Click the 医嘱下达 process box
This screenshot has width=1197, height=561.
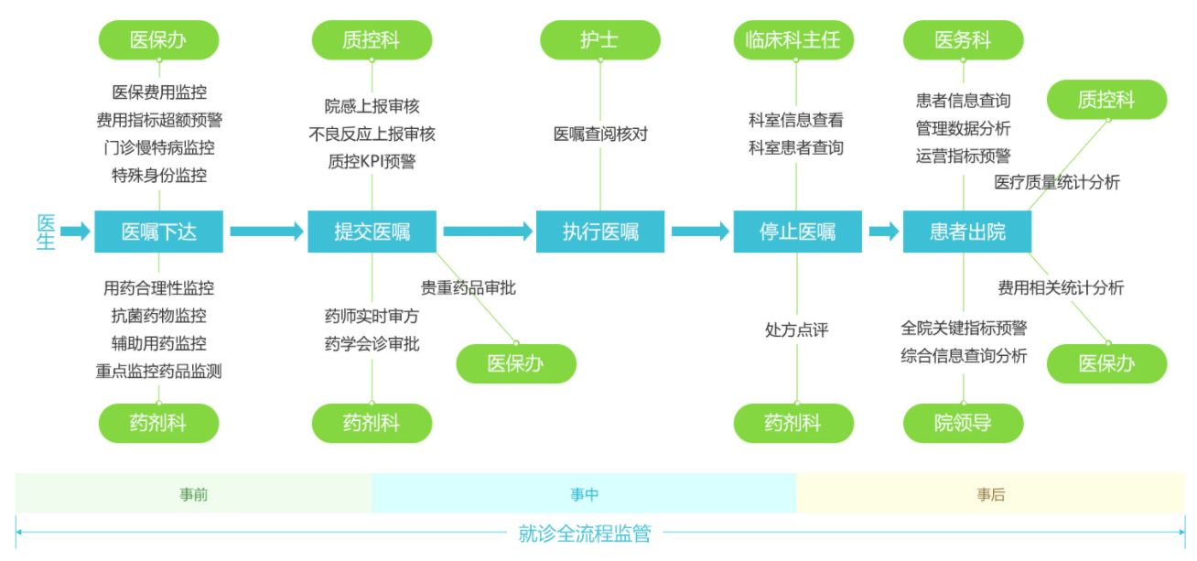[159, 232]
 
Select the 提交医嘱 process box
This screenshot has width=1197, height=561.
[372, 232]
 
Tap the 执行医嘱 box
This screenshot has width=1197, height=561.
[600, 232]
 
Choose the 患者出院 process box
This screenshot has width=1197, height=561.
[967, 232]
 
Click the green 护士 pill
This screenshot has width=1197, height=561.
[599, 40]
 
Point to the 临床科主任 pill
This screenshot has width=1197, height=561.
[793, 40]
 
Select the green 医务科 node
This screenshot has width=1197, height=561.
[963, 40]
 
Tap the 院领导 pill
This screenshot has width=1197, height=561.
[963, 423]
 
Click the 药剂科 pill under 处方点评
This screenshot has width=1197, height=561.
[793, 423]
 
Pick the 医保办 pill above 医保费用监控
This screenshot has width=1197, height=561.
[159, 40]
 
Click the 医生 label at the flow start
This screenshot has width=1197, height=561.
[46, 232]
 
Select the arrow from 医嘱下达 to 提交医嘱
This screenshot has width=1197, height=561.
[265, 232]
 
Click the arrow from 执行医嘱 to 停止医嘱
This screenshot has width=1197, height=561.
[701, 232]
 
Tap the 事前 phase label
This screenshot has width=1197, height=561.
[194, 495]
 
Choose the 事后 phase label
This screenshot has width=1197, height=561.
[990, 495]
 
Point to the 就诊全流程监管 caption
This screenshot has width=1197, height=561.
[585, 534]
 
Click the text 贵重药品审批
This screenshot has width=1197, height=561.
[469, 288]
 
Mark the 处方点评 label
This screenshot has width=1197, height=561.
[796, 329]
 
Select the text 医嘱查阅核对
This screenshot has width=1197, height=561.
[600, 134]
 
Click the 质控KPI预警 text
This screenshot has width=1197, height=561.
[372, 162]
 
